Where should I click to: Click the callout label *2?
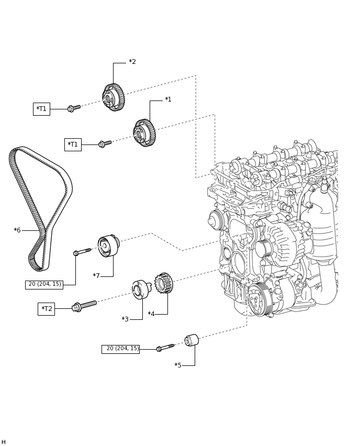tap(132, 62)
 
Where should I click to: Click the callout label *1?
tap(168, 99)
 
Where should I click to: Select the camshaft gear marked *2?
tap(114, 97)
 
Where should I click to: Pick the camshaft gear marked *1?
tap(144, 133)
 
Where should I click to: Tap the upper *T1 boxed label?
tap(41, 109)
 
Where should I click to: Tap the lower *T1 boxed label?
tap(73, 144)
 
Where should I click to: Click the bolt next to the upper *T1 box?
tap(74, 108)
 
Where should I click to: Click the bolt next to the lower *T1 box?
tap(105, 143)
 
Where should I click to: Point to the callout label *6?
tap(17, 230)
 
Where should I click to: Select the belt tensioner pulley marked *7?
tap(108, 246)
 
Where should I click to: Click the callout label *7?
tap(96, 276)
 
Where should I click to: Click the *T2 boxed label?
tap(46, 309)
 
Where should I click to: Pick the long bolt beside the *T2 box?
tap(84, 306)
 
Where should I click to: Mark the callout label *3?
tap(125, 319)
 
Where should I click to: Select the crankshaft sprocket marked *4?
tap(164, 283)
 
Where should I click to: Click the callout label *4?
tap(151, 314)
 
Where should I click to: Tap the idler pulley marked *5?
tap(192, 340)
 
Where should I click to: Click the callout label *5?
tap(178, 365)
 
